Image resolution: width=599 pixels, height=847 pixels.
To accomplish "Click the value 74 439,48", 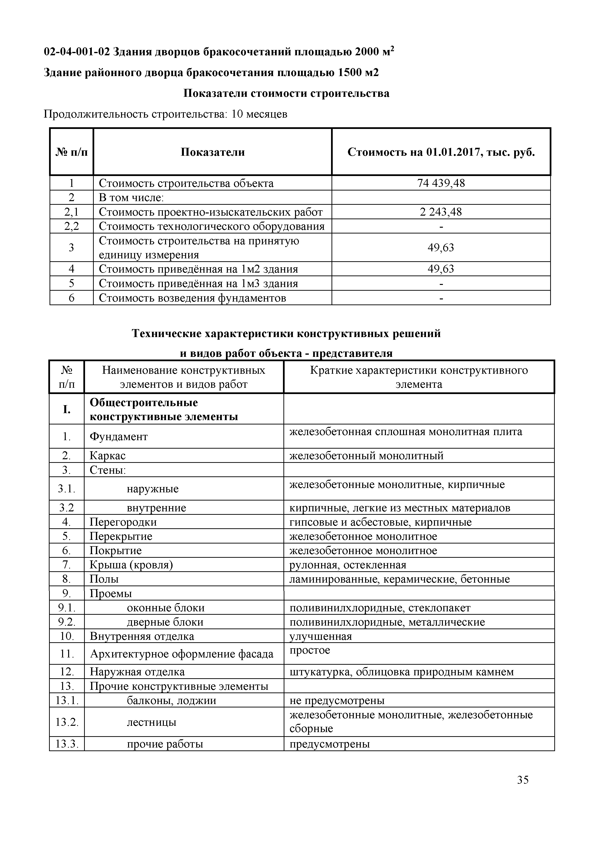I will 441,183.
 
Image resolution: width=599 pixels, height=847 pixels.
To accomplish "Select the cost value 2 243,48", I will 441,212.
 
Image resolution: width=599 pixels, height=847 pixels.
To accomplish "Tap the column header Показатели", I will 213,152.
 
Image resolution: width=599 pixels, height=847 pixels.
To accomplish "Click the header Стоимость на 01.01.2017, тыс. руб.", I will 441,152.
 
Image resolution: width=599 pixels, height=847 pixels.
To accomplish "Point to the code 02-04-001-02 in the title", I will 77,52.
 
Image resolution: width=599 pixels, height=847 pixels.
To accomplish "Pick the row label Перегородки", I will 123,522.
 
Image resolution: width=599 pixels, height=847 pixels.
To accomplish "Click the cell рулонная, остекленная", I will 348,565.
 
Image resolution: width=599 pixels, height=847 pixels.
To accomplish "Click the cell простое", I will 310,650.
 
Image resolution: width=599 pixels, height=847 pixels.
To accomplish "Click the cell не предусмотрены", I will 337,700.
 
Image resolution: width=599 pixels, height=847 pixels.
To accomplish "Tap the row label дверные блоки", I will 165,622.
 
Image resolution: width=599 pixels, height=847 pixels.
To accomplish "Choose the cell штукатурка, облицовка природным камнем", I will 402,672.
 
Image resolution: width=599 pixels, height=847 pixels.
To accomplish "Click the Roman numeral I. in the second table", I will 67,409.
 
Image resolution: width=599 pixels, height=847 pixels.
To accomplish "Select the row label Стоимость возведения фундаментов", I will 192,298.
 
